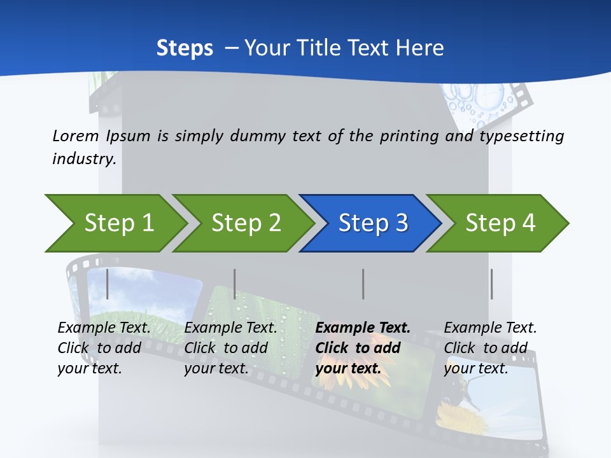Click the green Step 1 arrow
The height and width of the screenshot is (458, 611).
click(118, 223)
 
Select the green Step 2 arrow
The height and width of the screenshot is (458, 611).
click(245, 223)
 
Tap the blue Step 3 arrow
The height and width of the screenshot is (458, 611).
click(372, 223)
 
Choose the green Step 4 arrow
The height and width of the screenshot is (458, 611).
click(500, 223)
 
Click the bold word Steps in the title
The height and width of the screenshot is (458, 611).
click(185, 48)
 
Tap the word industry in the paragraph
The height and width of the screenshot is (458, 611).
click(84, 158)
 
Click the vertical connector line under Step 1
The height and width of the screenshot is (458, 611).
click(108, 284)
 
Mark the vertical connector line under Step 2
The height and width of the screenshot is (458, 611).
click(235, 284)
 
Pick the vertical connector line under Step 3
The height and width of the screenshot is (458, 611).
click(363, 284)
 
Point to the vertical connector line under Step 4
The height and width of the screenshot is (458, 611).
click(491, 284)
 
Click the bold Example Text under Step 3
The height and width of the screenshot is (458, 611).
click(363, 328)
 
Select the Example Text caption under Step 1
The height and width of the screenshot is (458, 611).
click(104, 328)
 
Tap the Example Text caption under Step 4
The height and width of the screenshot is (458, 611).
click(490, 328)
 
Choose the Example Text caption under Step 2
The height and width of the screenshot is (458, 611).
click(230, 328)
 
